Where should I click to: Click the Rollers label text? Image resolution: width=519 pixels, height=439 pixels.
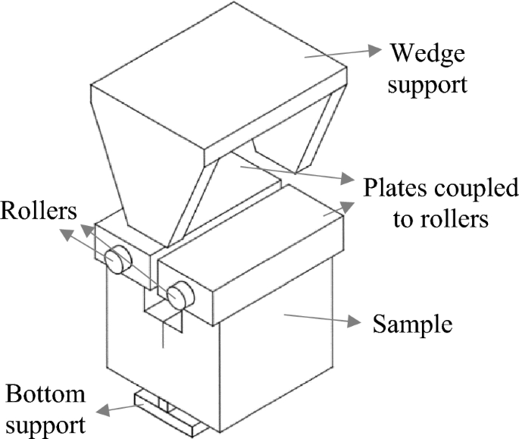[39, 211]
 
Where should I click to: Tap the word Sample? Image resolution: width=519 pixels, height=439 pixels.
[412, 325]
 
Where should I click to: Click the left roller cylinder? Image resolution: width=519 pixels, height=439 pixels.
[117, 259]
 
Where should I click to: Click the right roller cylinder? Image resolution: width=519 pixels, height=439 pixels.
[180, 295]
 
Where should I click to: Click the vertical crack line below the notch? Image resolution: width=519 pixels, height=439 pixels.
[164, 334]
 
